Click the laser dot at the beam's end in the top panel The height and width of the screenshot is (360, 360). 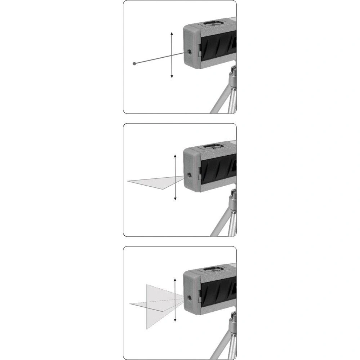point(134,64)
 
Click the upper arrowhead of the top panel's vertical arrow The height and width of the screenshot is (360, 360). point(172,33)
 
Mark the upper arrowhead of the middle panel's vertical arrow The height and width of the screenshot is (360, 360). point(175,156)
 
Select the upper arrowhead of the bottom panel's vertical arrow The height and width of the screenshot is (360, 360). point(175,279)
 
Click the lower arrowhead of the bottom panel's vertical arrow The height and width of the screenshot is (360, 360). point(175,321)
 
